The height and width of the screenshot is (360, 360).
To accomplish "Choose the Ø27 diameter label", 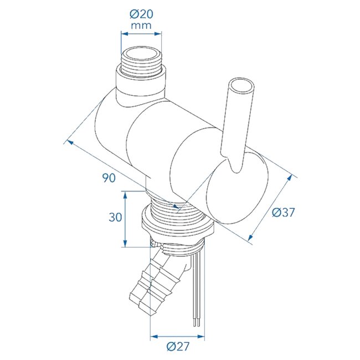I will click(177, 347).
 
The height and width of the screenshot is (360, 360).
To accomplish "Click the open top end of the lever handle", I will click(243, 88).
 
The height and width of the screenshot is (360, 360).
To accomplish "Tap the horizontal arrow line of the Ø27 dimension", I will click(177, 336).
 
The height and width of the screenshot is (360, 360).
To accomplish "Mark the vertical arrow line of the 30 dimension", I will click(126, 219).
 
